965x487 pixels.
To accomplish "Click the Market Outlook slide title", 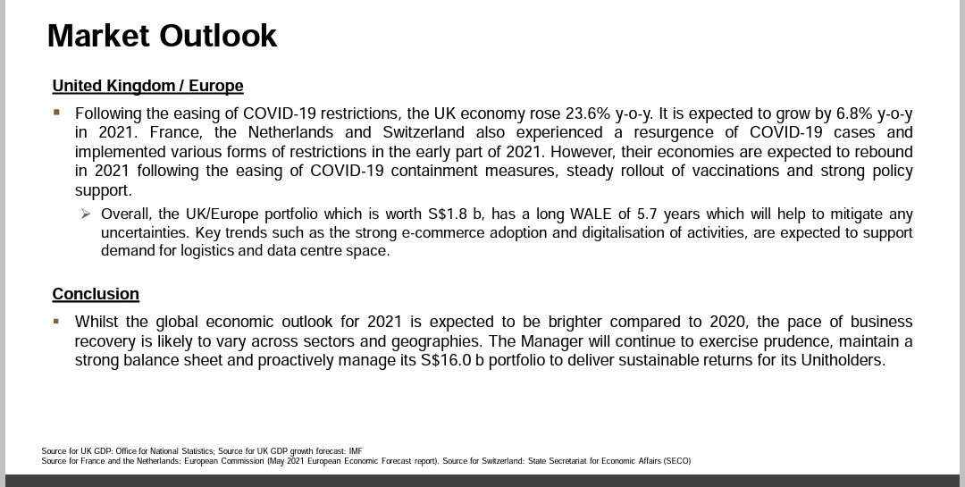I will click(x=162, y=36).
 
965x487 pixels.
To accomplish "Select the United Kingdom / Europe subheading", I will click(x=147, y=86).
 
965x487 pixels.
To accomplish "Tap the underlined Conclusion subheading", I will click(x=96, y=294).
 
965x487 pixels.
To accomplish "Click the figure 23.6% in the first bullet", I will click(x=589, y=114).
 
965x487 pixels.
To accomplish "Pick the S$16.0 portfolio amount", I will click(x=450, y=361).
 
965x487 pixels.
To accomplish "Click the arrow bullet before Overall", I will click(x=85, y=214).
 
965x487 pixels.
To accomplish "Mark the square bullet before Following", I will click(x=56, y=113).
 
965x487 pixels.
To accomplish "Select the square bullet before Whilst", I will click(x=56, y=321).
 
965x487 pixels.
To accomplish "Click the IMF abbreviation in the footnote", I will click(x=356, y=451).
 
